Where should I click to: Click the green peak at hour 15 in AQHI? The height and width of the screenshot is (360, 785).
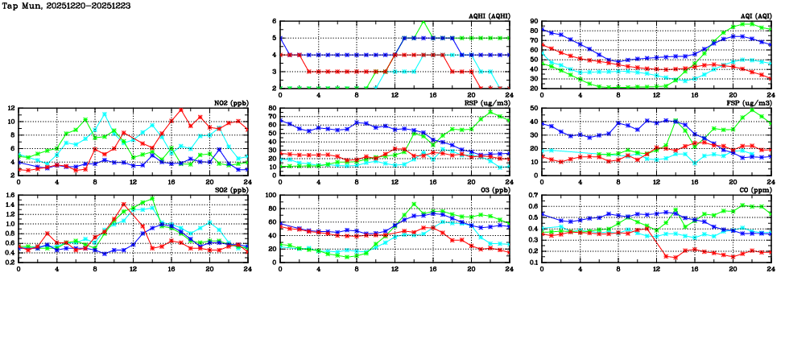(423, 22)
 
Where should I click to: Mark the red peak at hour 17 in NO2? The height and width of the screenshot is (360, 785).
(181, 110)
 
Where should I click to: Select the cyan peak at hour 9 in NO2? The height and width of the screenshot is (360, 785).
(105, 114)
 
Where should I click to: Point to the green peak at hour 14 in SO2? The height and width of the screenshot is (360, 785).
(152, 198)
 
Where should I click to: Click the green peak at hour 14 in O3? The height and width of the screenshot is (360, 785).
(414, 204)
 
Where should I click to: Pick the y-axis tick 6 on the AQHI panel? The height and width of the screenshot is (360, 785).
(275, 22)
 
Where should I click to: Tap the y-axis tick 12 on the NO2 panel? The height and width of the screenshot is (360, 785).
(10, 108)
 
